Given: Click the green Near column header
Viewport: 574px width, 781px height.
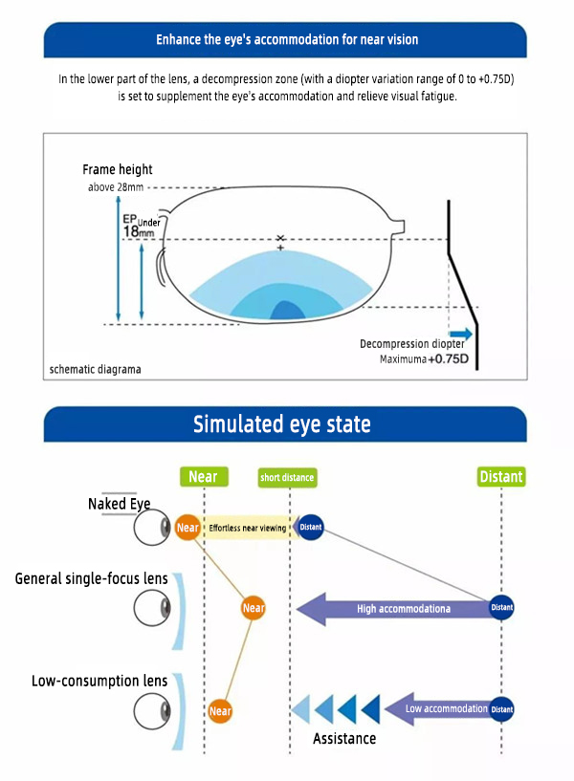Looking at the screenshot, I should click(203, 476).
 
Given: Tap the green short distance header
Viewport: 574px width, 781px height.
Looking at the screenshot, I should click(287, 477).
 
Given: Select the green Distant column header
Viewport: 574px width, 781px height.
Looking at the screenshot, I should click(501, 476).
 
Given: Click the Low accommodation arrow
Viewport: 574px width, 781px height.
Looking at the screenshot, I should click(436, 709).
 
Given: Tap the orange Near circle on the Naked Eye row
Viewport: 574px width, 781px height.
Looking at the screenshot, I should click(188, 527).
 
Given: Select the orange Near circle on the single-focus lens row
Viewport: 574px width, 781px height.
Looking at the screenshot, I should click(254, 608).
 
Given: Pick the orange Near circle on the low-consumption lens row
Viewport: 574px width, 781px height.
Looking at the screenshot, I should click(220, 711).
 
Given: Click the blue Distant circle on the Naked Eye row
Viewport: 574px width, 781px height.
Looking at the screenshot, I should click(311, 527).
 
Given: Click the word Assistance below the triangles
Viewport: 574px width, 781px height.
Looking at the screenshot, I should click(344, 738).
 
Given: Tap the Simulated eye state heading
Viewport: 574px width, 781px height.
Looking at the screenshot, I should click(282, 423).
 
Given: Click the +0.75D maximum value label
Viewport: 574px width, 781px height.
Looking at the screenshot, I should click(448, 359).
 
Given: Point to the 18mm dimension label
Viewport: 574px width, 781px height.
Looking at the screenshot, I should click(138, 231).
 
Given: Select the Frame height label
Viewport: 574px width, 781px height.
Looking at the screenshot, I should click(118, 169).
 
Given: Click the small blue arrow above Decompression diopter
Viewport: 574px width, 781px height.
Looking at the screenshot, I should click(461, 333).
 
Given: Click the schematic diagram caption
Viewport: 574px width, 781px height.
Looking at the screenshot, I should click(95, 369).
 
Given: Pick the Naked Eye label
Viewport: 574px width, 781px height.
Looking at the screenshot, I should click(120, 504).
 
